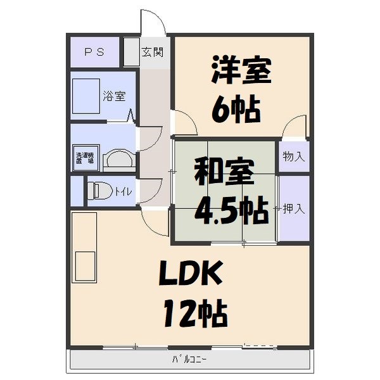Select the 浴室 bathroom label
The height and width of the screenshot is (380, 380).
pos(114,96)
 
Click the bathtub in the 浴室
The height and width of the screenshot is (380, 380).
pos(85,96)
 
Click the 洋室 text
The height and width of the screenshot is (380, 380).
pos(241,71)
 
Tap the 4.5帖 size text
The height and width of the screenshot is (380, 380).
pos(230,212)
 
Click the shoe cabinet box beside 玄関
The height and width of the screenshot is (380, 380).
pos(131,53)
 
